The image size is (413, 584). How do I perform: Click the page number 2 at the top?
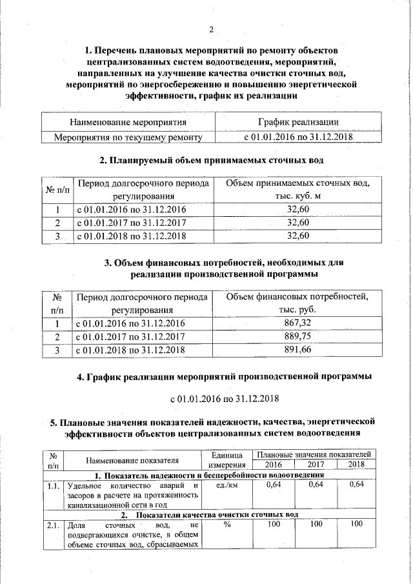[211, 28]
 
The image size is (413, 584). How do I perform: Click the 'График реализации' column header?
[297, 121]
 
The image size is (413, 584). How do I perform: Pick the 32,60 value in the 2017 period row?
[297, 223]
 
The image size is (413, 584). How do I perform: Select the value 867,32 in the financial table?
[297, 323]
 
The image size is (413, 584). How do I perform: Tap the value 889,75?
[297, 336]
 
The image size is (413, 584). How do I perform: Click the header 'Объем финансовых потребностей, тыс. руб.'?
[297, 303]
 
